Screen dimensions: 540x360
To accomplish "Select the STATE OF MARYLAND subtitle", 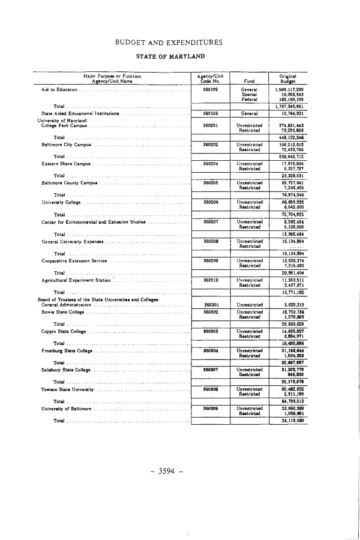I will (x=171, y=56).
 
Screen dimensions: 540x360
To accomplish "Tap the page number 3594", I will (x=170, y=471).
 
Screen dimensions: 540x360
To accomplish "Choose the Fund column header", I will (x=248, y=80).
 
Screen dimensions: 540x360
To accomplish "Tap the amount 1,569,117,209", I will (x=287, y=89).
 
